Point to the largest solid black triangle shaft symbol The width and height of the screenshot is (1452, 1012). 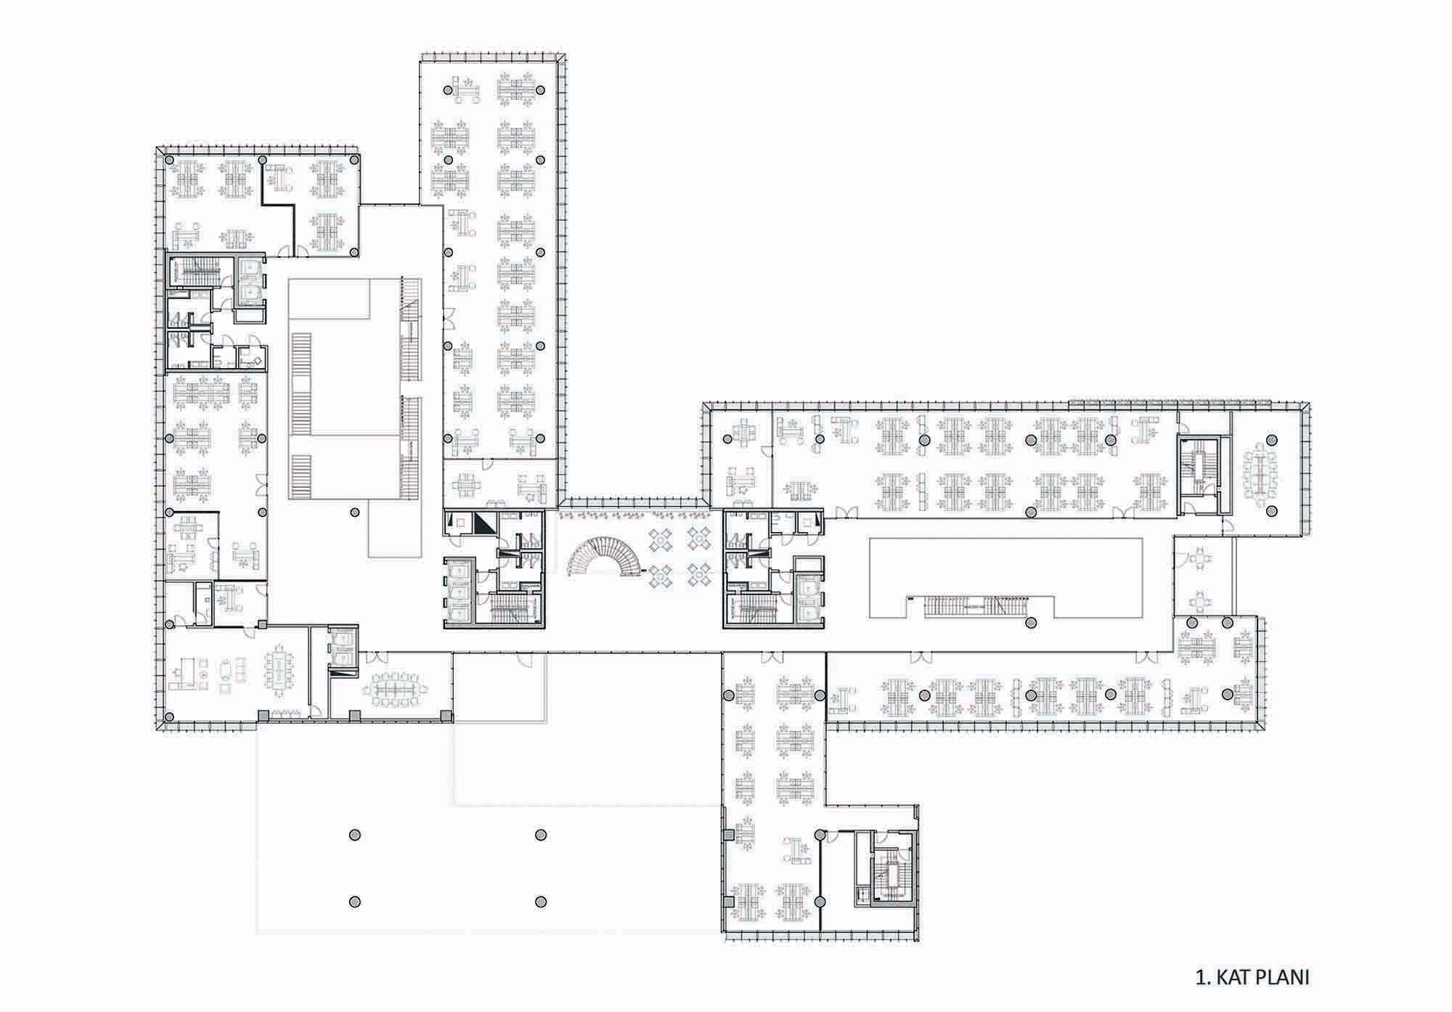click(x=484, y=523)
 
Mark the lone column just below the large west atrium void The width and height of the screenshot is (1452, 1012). click(x=354, y=512)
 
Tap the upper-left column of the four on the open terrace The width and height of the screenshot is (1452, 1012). click(x=354, y=836)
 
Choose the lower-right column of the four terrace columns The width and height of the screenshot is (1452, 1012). click(x=540, y=902)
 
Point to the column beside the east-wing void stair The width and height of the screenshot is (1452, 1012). click(x=1030, y=623)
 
